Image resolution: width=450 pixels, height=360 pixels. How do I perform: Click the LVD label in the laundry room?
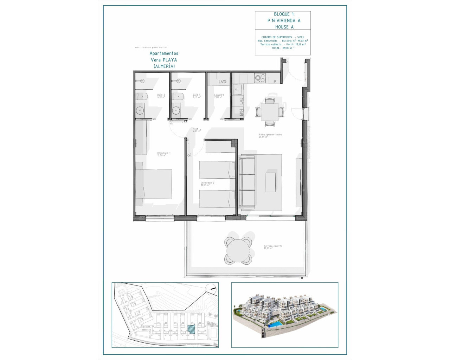222,82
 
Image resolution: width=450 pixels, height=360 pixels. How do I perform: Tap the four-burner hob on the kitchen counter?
260,78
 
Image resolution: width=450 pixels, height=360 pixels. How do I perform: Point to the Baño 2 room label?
161,96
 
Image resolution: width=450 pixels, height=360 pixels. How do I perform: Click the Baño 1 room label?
197,96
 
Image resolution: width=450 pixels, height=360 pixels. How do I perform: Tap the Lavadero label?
219,96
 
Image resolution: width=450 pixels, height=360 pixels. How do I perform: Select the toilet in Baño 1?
177,96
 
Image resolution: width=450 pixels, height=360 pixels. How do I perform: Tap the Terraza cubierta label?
273,247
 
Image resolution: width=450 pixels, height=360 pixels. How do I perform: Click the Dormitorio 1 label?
163,154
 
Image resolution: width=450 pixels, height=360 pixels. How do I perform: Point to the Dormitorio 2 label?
207,184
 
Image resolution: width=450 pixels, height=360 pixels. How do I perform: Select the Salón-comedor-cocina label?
270,135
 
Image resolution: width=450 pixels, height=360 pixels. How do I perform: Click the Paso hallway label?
196,129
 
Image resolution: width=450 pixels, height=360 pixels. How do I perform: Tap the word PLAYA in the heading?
169,60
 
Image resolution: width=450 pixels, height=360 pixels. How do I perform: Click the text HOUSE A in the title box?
284,27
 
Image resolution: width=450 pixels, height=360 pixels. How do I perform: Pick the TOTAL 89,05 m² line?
283,48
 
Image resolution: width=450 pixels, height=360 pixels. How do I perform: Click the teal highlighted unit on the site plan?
191,329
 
